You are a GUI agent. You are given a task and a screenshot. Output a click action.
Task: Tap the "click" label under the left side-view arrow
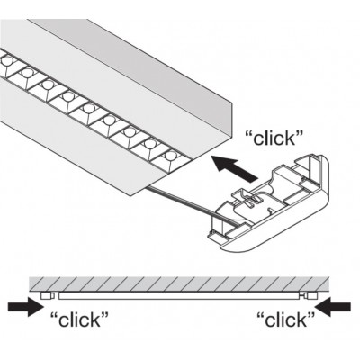coord(79,319)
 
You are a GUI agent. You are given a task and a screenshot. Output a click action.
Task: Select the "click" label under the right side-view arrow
coord(285,319)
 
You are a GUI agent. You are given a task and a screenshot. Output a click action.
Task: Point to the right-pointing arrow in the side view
coord(26,307)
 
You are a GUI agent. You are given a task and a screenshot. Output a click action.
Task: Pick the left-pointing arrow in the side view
coord(333,307)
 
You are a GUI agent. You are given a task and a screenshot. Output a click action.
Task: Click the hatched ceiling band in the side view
coord(179,283)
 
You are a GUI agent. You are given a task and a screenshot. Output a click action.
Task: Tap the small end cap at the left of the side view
coord(48,296)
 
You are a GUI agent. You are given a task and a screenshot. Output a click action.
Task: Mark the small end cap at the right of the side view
coord(310,296)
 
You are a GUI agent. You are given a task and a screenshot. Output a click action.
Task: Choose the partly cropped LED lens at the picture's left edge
coord(6,61)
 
